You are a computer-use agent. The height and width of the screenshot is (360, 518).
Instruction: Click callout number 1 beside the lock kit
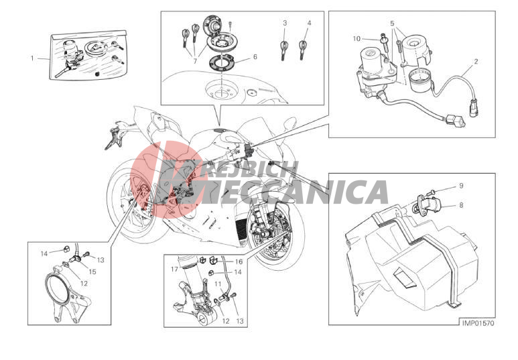click(32, 58)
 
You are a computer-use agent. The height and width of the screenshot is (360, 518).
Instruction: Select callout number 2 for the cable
click(476, 62)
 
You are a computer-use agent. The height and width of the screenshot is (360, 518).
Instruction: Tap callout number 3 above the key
click(285, 23)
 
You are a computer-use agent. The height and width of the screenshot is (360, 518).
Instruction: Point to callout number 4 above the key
click(309, 23)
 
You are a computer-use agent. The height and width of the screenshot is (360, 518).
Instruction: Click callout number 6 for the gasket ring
click(255, 57)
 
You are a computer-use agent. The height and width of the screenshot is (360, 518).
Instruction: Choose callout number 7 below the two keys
click(195, 61)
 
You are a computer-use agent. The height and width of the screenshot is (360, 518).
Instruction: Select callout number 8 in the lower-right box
click(461, 205)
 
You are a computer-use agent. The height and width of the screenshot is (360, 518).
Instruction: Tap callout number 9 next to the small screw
click(461, 186)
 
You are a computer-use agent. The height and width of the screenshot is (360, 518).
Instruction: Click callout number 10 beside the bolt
click(357, 39)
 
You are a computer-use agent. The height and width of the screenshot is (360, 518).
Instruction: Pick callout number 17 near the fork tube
click(175, 269)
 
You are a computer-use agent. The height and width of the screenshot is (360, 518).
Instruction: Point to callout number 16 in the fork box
click(239, 262)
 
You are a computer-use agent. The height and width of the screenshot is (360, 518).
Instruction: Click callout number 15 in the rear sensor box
click(92, 272)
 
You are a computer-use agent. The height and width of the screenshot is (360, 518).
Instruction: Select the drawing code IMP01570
click(478, 323)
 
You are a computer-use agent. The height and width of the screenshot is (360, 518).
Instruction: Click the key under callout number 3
click(283, 49)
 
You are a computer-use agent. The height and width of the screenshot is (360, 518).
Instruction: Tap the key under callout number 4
click(302, 49)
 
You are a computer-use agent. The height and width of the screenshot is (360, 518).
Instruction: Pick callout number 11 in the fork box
click(218, 284)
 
